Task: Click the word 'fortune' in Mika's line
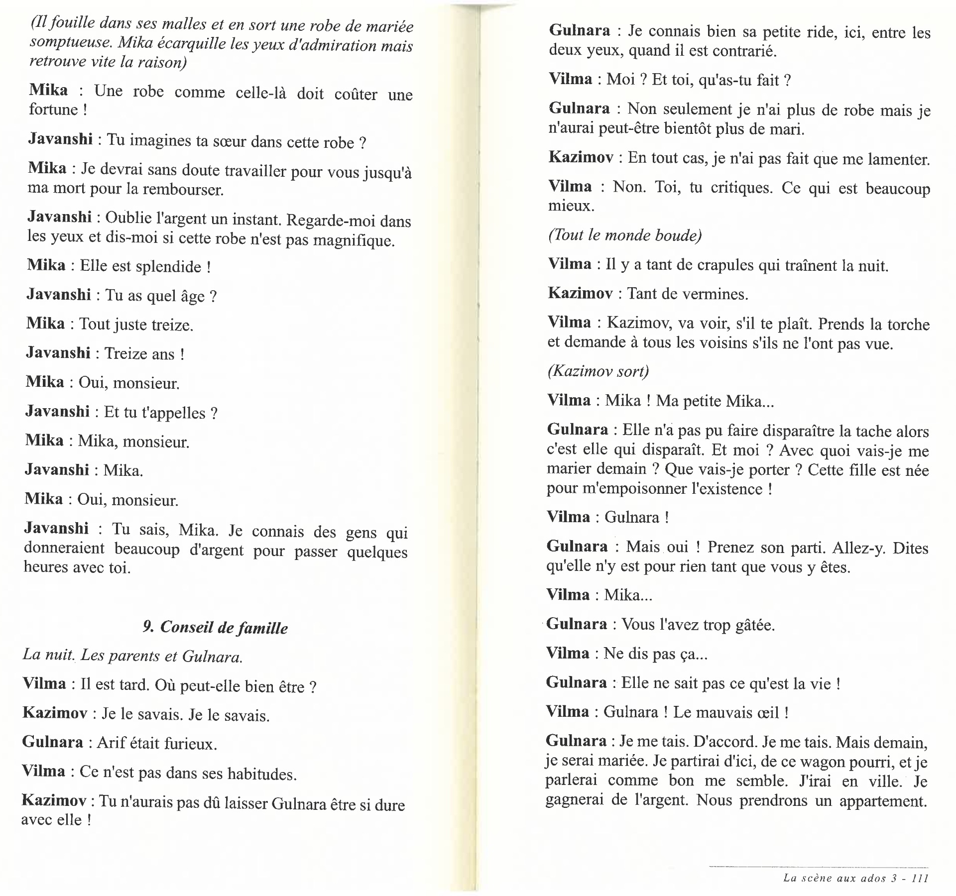pos(53,110)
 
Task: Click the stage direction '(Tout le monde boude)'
pos(624,235)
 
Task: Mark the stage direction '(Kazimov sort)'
pos(598,371)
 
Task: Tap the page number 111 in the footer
pos(920,878)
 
